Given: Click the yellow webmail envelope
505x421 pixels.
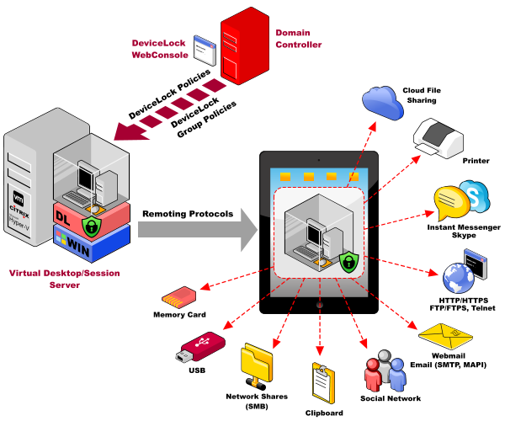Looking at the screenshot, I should coord(445,338).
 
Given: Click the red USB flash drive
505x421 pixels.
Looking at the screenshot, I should coord(202,347).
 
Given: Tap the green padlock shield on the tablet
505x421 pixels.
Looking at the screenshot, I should coord(347,260).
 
